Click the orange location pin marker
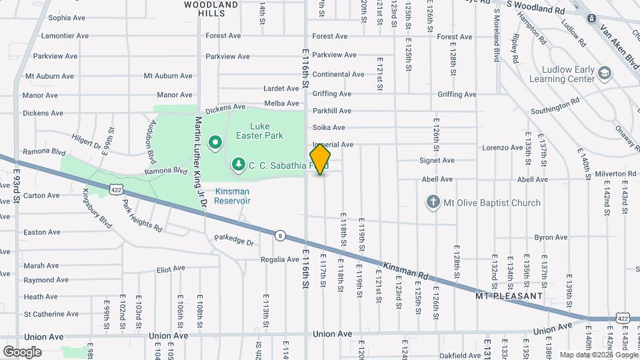point(320,159)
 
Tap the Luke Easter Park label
point(267,130)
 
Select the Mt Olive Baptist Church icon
point(433,202)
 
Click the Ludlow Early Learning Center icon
point(605,72)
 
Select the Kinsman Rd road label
point(407,270)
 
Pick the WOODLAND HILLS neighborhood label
point(211,9)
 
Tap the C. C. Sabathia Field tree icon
point(238,164)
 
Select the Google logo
point(22,351)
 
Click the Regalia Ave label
point(280,259)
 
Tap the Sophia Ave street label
point(67,18)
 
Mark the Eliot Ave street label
point(171,269)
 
